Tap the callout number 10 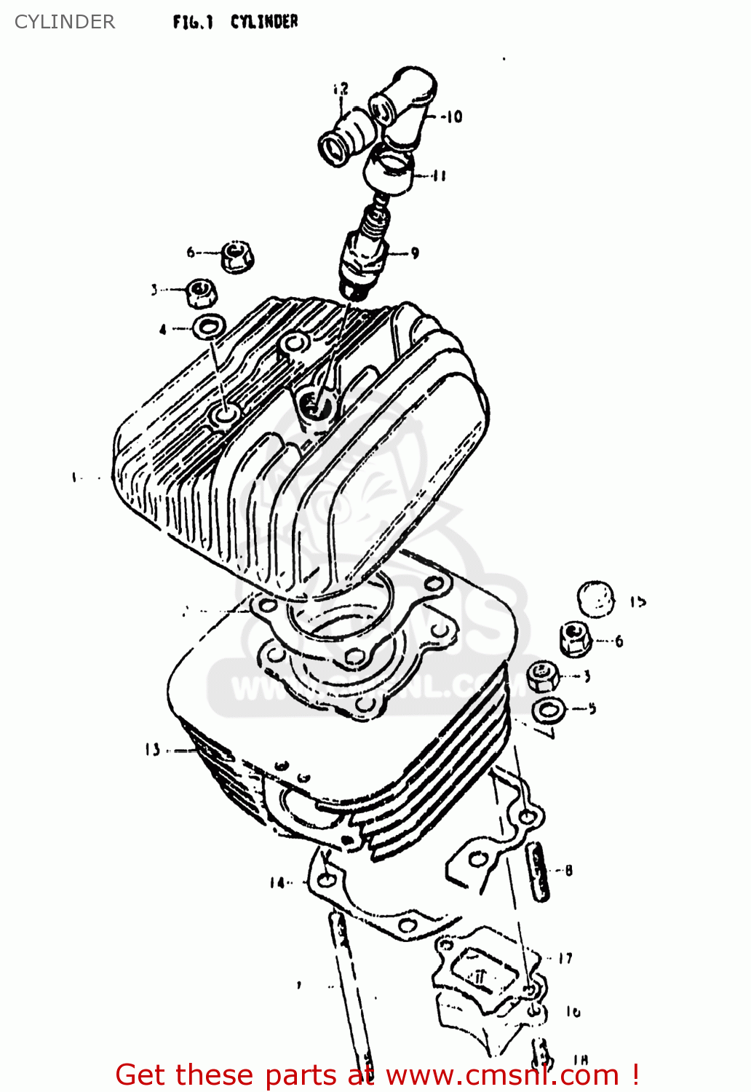point(454,116)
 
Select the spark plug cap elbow point(405,106)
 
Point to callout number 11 point(440,175)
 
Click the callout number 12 point(341,89)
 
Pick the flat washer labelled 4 point(210,325)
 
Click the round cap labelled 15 point(595,599)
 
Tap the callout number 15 point(638,602)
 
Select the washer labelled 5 point(549,709)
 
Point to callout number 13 point(152,749)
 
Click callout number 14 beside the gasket point(277,883)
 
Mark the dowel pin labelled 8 point(539,872)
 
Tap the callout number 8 point(568,870)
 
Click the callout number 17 point(565,959)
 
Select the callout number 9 point(415,253)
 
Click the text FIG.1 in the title point(193,23)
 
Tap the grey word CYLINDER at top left point(65,22)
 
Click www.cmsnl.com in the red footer point(502,1075)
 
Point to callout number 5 point(592,708)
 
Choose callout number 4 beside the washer point(163,330)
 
